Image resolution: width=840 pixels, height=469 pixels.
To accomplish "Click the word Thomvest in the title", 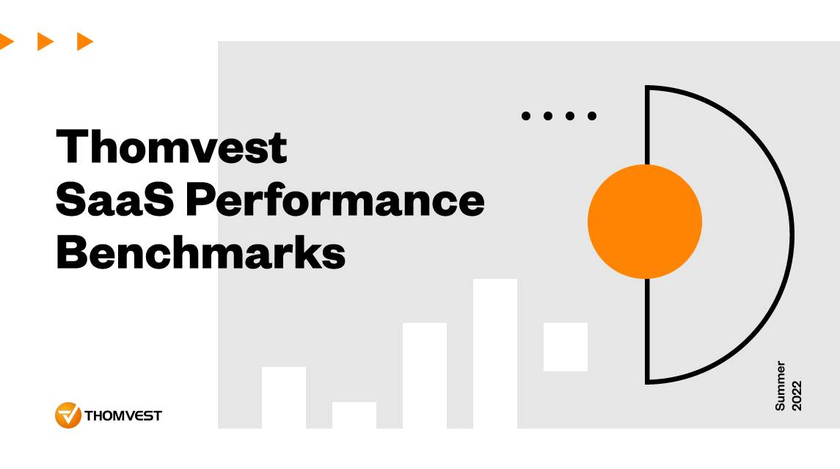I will (172, 147).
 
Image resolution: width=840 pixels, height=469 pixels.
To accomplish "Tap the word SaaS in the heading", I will (113, 200).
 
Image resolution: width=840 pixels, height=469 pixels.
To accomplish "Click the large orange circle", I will (644, 222).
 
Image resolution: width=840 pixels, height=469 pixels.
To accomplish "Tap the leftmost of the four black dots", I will (525, 115).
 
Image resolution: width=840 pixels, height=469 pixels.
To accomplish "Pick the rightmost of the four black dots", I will (592, 115).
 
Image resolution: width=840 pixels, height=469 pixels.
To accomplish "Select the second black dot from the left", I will (547, 115).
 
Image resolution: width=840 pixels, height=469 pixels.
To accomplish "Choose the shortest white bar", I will (354, 415).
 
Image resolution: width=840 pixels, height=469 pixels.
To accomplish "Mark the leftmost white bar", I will (283, 398).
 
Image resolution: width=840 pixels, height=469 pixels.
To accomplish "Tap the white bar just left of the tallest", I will (424, 376).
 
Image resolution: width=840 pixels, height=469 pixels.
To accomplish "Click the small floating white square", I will (565, 347).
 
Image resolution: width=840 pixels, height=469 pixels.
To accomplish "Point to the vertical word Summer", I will (781, 385).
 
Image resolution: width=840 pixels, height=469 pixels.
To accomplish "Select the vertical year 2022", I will (797, 395).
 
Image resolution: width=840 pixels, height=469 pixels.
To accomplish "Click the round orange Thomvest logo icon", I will (67, 415).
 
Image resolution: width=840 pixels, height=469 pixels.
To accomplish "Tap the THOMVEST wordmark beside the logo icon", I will (123, 416).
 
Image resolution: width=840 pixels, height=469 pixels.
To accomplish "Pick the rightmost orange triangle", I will (85, 42).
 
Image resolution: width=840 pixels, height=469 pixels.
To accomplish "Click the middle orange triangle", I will (45, 42).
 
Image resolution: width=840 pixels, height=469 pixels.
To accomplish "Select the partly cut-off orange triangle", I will (6, 42).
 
